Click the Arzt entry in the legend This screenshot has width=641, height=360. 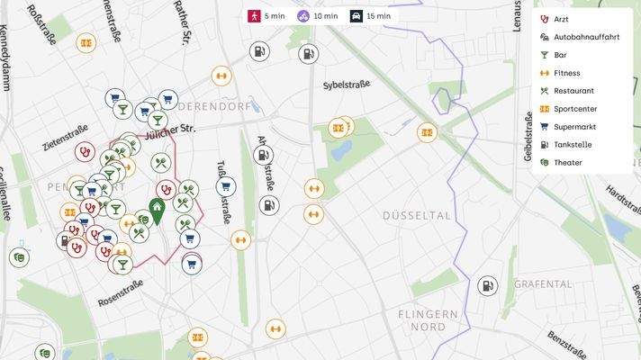click(560, 19)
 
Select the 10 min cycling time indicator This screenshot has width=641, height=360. click(319, 16)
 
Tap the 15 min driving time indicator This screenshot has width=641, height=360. click(371, 16)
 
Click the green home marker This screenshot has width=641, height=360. click(157, 212)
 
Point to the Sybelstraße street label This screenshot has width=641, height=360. click(347, 85)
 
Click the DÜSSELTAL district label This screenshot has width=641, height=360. click(416, 216)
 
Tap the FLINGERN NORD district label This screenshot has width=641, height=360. click(428, 320)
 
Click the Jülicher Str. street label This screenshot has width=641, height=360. click(170, 130)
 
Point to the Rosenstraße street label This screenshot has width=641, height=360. click(121, 292)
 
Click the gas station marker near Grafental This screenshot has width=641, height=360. click(487, 286)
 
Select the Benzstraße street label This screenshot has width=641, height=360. click(566, 345)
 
